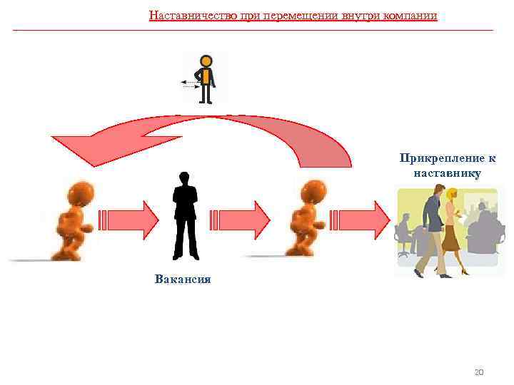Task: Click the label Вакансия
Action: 183,279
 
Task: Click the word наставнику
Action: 447,173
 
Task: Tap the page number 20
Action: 479,372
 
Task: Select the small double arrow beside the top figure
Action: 190,84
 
